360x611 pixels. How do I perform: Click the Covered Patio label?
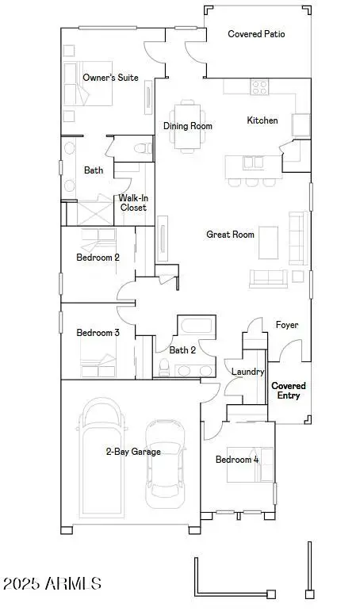tap(256, 34)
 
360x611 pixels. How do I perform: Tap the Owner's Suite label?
tap(111, 78)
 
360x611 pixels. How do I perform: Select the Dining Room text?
tap(188, 126)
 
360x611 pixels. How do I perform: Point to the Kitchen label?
tap(262, 120)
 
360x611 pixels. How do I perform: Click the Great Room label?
tap(230, 235)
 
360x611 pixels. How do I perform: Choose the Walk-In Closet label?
tap(132, 203)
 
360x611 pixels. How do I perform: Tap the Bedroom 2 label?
tap(98, 258)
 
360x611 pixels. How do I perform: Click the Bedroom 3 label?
tap(98, 333)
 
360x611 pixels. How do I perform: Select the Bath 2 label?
tap(182, 349)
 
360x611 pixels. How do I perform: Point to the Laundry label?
tap(247, 372)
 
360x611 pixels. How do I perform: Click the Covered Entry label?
tap(289, 391)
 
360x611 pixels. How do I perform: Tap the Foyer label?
tap(286, 325)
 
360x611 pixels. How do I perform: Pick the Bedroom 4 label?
tap(237, 460)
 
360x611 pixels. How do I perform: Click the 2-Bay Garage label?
tap(133, 452)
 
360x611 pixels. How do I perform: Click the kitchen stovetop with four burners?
tap(260, 87)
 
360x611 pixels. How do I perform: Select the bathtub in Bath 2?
tap(195, 327)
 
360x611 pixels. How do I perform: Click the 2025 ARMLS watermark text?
tap(52, 584)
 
